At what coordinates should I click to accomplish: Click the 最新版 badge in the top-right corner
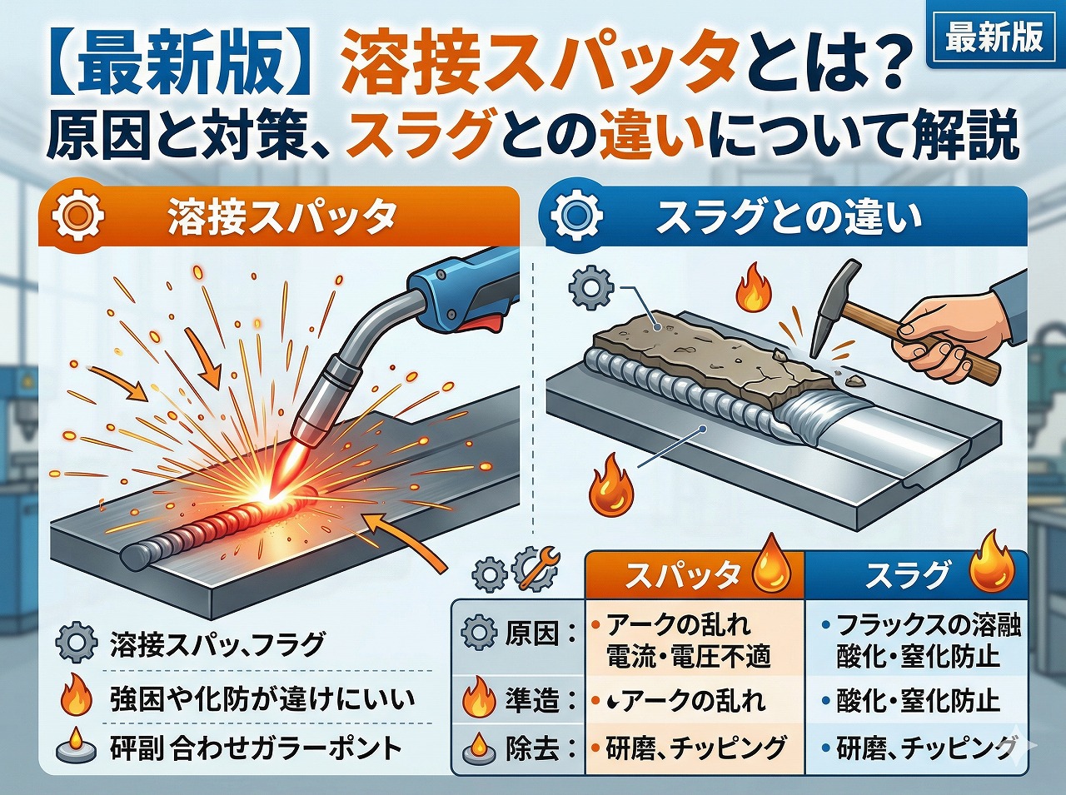994,37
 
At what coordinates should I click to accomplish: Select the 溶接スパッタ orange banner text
281,217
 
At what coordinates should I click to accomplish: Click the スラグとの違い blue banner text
788,217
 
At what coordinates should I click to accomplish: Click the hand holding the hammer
949,333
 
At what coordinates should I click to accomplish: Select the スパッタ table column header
683,575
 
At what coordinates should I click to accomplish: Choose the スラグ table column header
908,575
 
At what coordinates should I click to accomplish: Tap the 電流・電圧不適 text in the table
688,657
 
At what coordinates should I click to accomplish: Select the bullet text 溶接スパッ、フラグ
217,644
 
